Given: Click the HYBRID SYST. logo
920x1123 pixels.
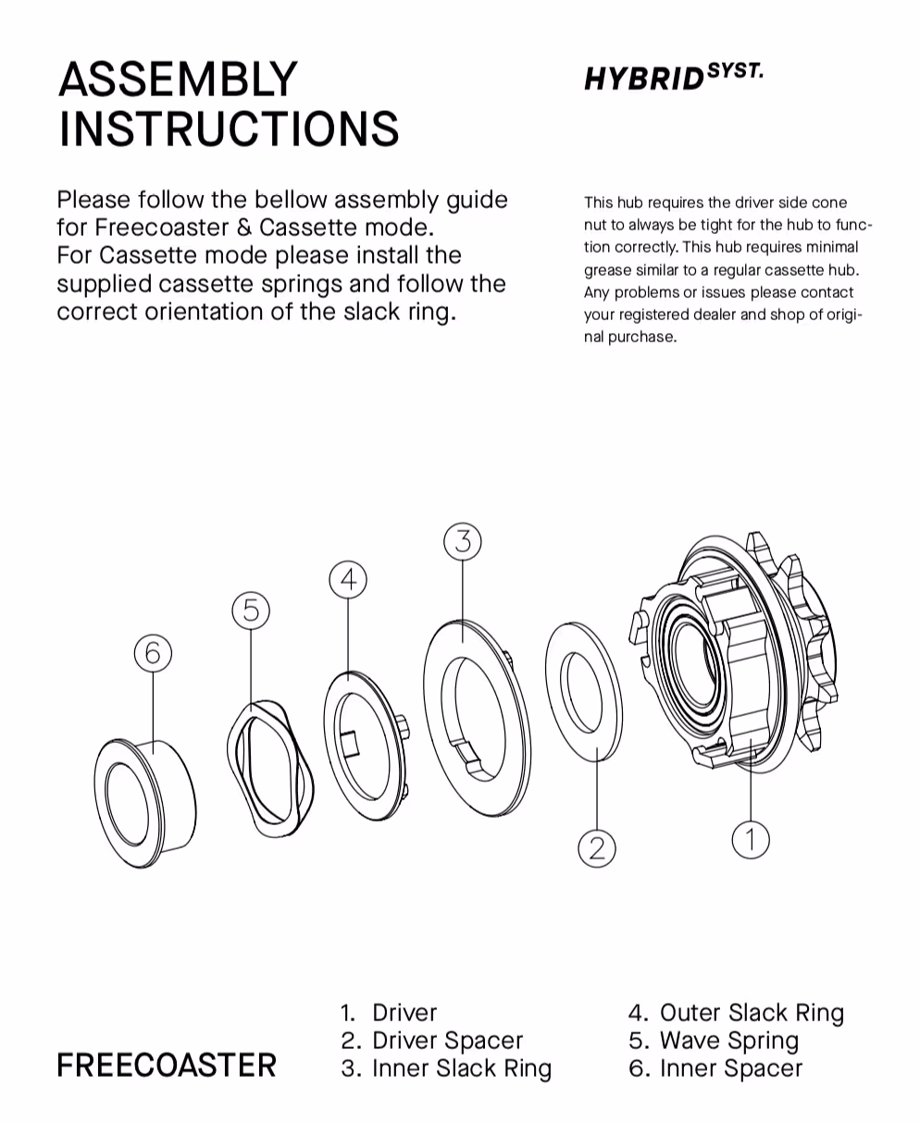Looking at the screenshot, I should [674, 78].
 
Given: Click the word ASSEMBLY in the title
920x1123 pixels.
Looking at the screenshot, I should [178, 80].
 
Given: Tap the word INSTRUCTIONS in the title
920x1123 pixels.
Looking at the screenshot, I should [229, 130].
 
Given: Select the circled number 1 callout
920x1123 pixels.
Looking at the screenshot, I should [750, 839].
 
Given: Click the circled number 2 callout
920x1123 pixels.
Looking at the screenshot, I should [597, 847].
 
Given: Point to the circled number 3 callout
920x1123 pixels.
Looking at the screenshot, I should [463, 541].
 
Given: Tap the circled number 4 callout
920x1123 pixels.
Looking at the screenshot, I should [348, 580].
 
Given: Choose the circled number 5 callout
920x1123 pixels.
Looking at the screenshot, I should [251, 611].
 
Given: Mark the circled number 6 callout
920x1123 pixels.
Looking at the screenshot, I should [153, 653].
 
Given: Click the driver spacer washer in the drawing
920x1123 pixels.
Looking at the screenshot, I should [583, 690].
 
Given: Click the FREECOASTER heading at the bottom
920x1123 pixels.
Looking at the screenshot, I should [167, 1066].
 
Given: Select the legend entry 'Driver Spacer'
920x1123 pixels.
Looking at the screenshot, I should [446, 1041].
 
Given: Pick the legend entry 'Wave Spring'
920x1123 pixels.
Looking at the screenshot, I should [728, 1041].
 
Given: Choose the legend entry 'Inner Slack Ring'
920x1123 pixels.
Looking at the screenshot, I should [461, 1068].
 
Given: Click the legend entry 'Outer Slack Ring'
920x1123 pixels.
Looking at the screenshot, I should [751, 1013].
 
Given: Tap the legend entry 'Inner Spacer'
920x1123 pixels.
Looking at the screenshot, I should [730, 1068].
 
